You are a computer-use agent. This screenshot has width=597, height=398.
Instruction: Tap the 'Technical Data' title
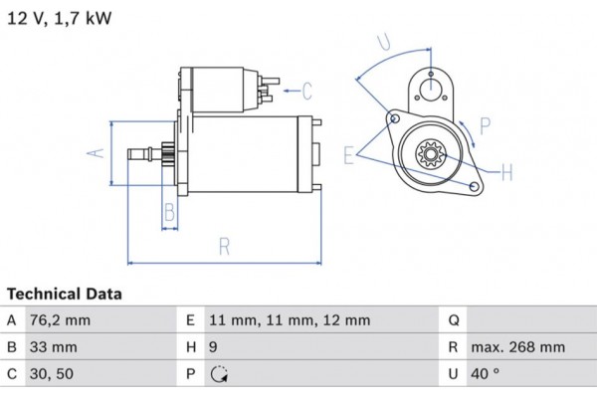[65, 295]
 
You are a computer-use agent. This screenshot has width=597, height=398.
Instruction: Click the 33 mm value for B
[52, 348]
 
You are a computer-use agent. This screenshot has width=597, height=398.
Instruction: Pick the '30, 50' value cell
[51, 375]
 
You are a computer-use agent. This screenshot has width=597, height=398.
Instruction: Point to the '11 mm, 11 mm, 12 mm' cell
[290, 320]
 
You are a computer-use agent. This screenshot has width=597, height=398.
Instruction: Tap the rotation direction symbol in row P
[220, 375]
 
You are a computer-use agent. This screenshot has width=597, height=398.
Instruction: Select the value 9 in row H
[215, 348]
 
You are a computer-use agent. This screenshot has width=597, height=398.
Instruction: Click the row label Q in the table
[453, 320]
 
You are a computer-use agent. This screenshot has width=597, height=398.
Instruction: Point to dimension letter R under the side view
[225, 246]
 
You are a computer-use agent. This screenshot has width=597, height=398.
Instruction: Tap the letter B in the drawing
[169, 212]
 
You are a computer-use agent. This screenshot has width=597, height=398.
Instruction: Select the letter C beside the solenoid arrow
[307, 93]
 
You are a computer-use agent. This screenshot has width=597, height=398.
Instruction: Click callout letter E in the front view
[349, 155]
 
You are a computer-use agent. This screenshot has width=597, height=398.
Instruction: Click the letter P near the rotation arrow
[485, 125]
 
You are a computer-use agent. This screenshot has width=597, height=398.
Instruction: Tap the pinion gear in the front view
[432, 156]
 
